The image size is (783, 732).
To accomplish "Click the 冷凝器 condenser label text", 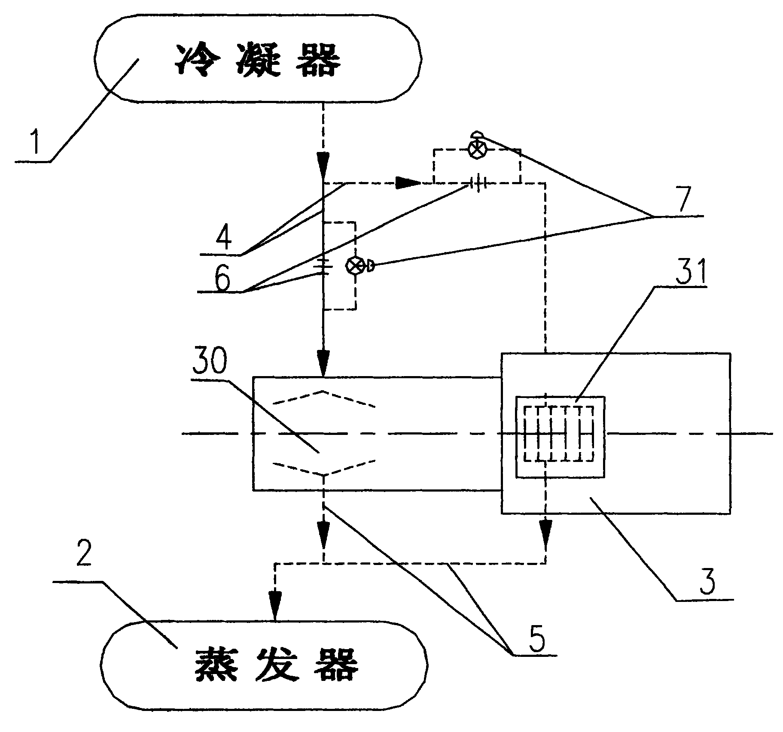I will tap(258, 61).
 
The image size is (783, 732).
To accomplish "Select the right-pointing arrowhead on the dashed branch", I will tap(408, 183).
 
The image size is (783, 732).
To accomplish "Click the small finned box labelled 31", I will tap(560, 436).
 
